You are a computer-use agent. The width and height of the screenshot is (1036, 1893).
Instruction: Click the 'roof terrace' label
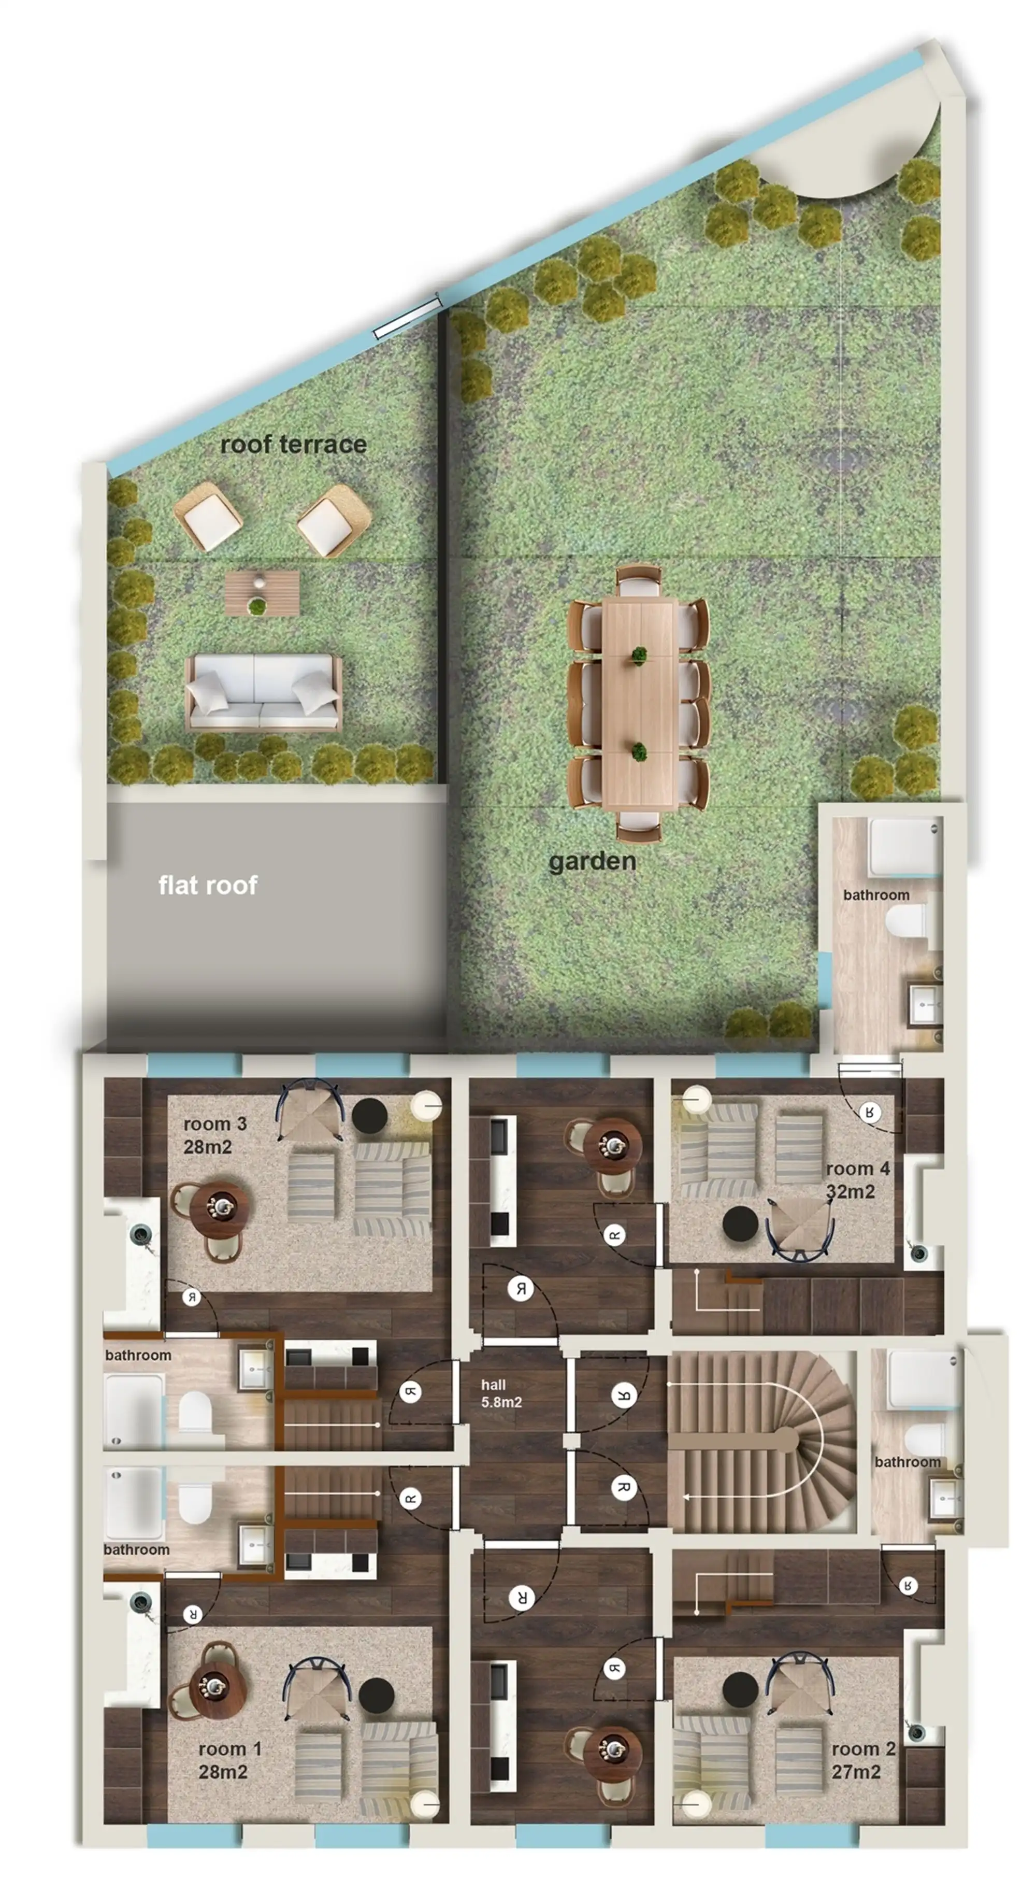(x=293, y=445)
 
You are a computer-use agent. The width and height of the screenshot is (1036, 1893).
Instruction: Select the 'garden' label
(x=592, y=861)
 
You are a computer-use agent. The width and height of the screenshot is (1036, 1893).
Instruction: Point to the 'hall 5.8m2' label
(x=501, y=1393)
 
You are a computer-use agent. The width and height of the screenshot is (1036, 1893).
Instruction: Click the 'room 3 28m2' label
(x=214, y=1135)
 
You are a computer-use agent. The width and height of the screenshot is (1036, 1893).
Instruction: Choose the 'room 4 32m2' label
(x=857, y=1180)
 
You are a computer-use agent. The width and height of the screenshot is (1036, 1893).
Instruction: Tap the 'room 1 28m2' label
(x=229, y=1760)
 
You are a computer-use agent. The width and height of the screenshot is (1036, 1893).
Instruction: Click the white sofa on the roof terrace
(x=264, y=691)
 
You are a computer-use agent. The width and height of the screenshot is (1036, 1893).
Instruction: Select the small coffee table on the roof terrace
(x=262, y=593)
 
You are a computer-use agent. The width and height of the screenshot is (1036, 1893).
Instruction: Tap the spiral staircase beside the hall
(x=761, y=1442)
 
